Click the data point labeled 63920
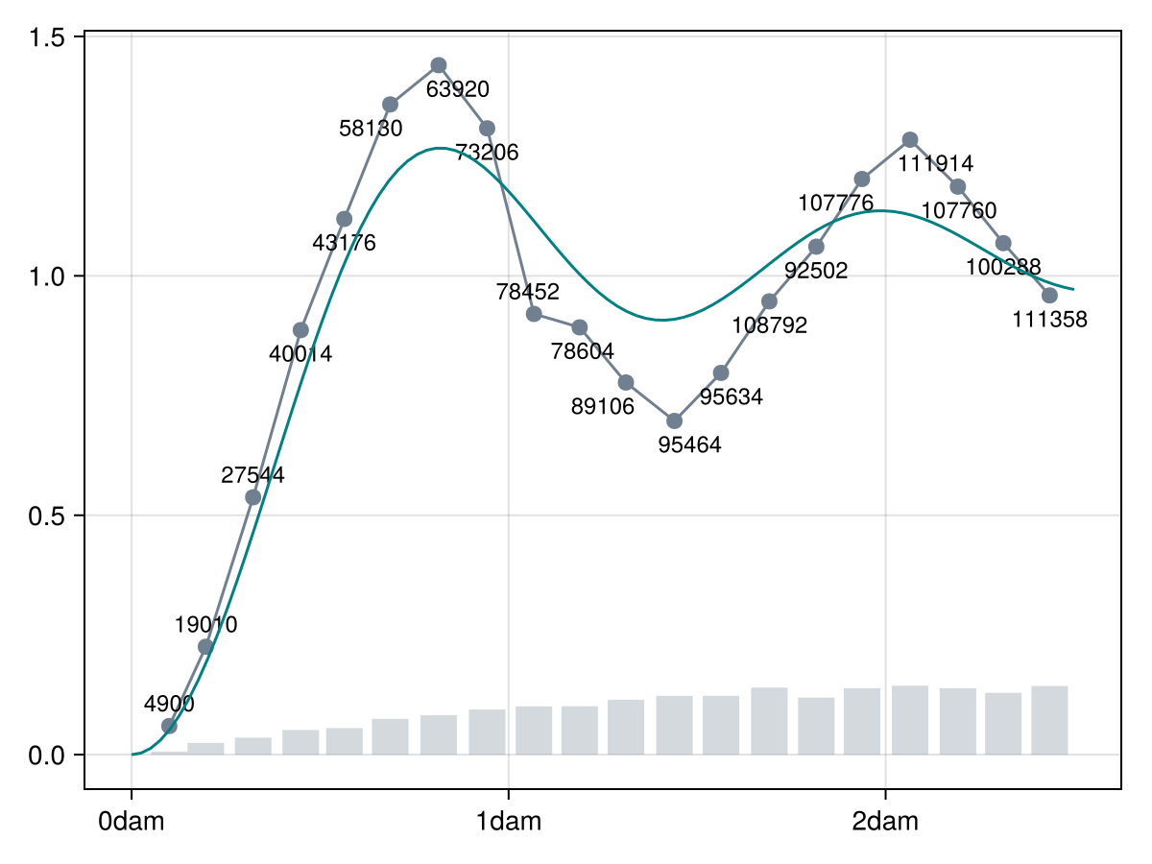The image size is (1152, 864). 439,65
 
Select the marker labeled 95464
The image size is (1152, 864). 674,420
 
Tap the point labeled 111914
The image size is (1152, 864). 910,140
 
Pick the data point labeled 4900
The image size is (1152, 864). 169,726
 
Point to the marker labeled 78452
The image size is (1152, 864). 534,314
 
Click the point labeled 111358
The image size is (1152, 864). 1049,295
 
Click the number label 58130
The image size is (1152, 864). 371,129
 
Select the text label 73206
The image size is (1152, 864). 487,152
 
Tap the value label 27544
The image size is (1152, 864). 252,475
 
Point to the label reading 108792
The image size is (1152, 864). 769,325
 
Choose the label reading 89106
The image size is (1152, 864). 603,407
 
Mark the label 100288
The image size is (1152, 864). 1003,268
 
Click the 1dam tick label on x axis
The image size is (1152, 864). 509,822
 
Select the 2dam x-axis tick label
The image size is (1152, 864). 885,822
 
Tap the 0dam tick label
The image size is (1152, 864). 132,822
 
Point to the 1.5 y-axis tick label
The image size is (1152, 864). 47,37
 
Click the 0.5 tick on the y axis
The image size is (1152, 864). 47,516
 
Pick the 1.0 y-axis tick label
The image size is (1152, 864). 47,276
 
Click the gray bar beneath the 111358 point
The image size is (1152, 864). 1049,720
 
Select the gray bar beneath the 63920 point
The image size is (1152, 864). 439,734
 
